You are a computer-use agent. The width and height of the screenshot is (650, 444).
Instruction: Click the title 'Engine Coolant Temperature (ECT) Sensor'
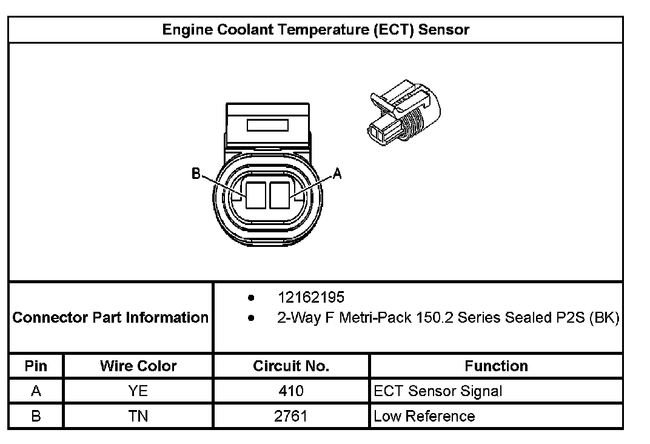(315, 30)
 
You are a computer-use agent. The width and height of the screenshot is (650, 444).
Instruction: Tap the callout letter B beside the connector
(196, 174)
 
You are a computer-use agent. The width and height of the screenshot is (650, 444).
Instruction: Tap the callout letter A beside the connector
(338, 174)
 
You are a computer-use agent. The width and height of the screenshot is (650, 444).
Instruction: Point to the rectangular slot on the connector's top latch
(267, 125)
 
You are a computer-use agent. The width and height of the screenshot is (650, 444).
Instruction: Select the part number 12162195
(310, 297)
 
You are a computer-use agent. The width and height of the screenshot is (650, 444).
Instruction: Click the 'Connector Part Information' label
(110, 317)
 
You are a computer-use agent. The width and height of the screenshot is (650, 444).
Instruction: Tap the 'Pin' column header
(36, 366)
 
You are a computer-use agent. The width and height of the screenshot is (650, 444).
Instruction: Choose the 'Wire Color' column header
(138, 366)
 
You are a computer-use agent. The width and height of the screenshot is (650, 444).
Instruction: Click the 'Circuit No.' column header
(291, 366)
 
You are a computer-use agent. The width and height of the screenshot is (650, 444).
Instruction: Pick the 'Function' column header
(496, 366)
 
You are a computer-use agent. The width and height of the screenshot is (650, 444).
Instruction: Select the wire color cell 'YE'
(138, 391)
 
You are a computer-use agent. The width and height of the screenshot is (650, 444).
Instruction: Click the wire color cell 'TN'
(138, 416)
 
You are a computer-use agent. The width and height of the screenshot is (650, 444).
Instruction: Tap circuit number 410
(291, 391)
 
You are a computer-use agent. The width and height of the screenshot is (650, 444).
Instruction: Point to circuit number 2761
(291, 416)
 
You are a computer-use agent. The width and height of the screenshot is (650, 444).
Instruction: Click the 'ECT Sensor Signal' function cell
(438, 391)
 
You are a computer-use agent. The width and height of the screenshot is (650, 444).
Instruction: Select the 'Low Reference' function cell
(424, 416)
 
